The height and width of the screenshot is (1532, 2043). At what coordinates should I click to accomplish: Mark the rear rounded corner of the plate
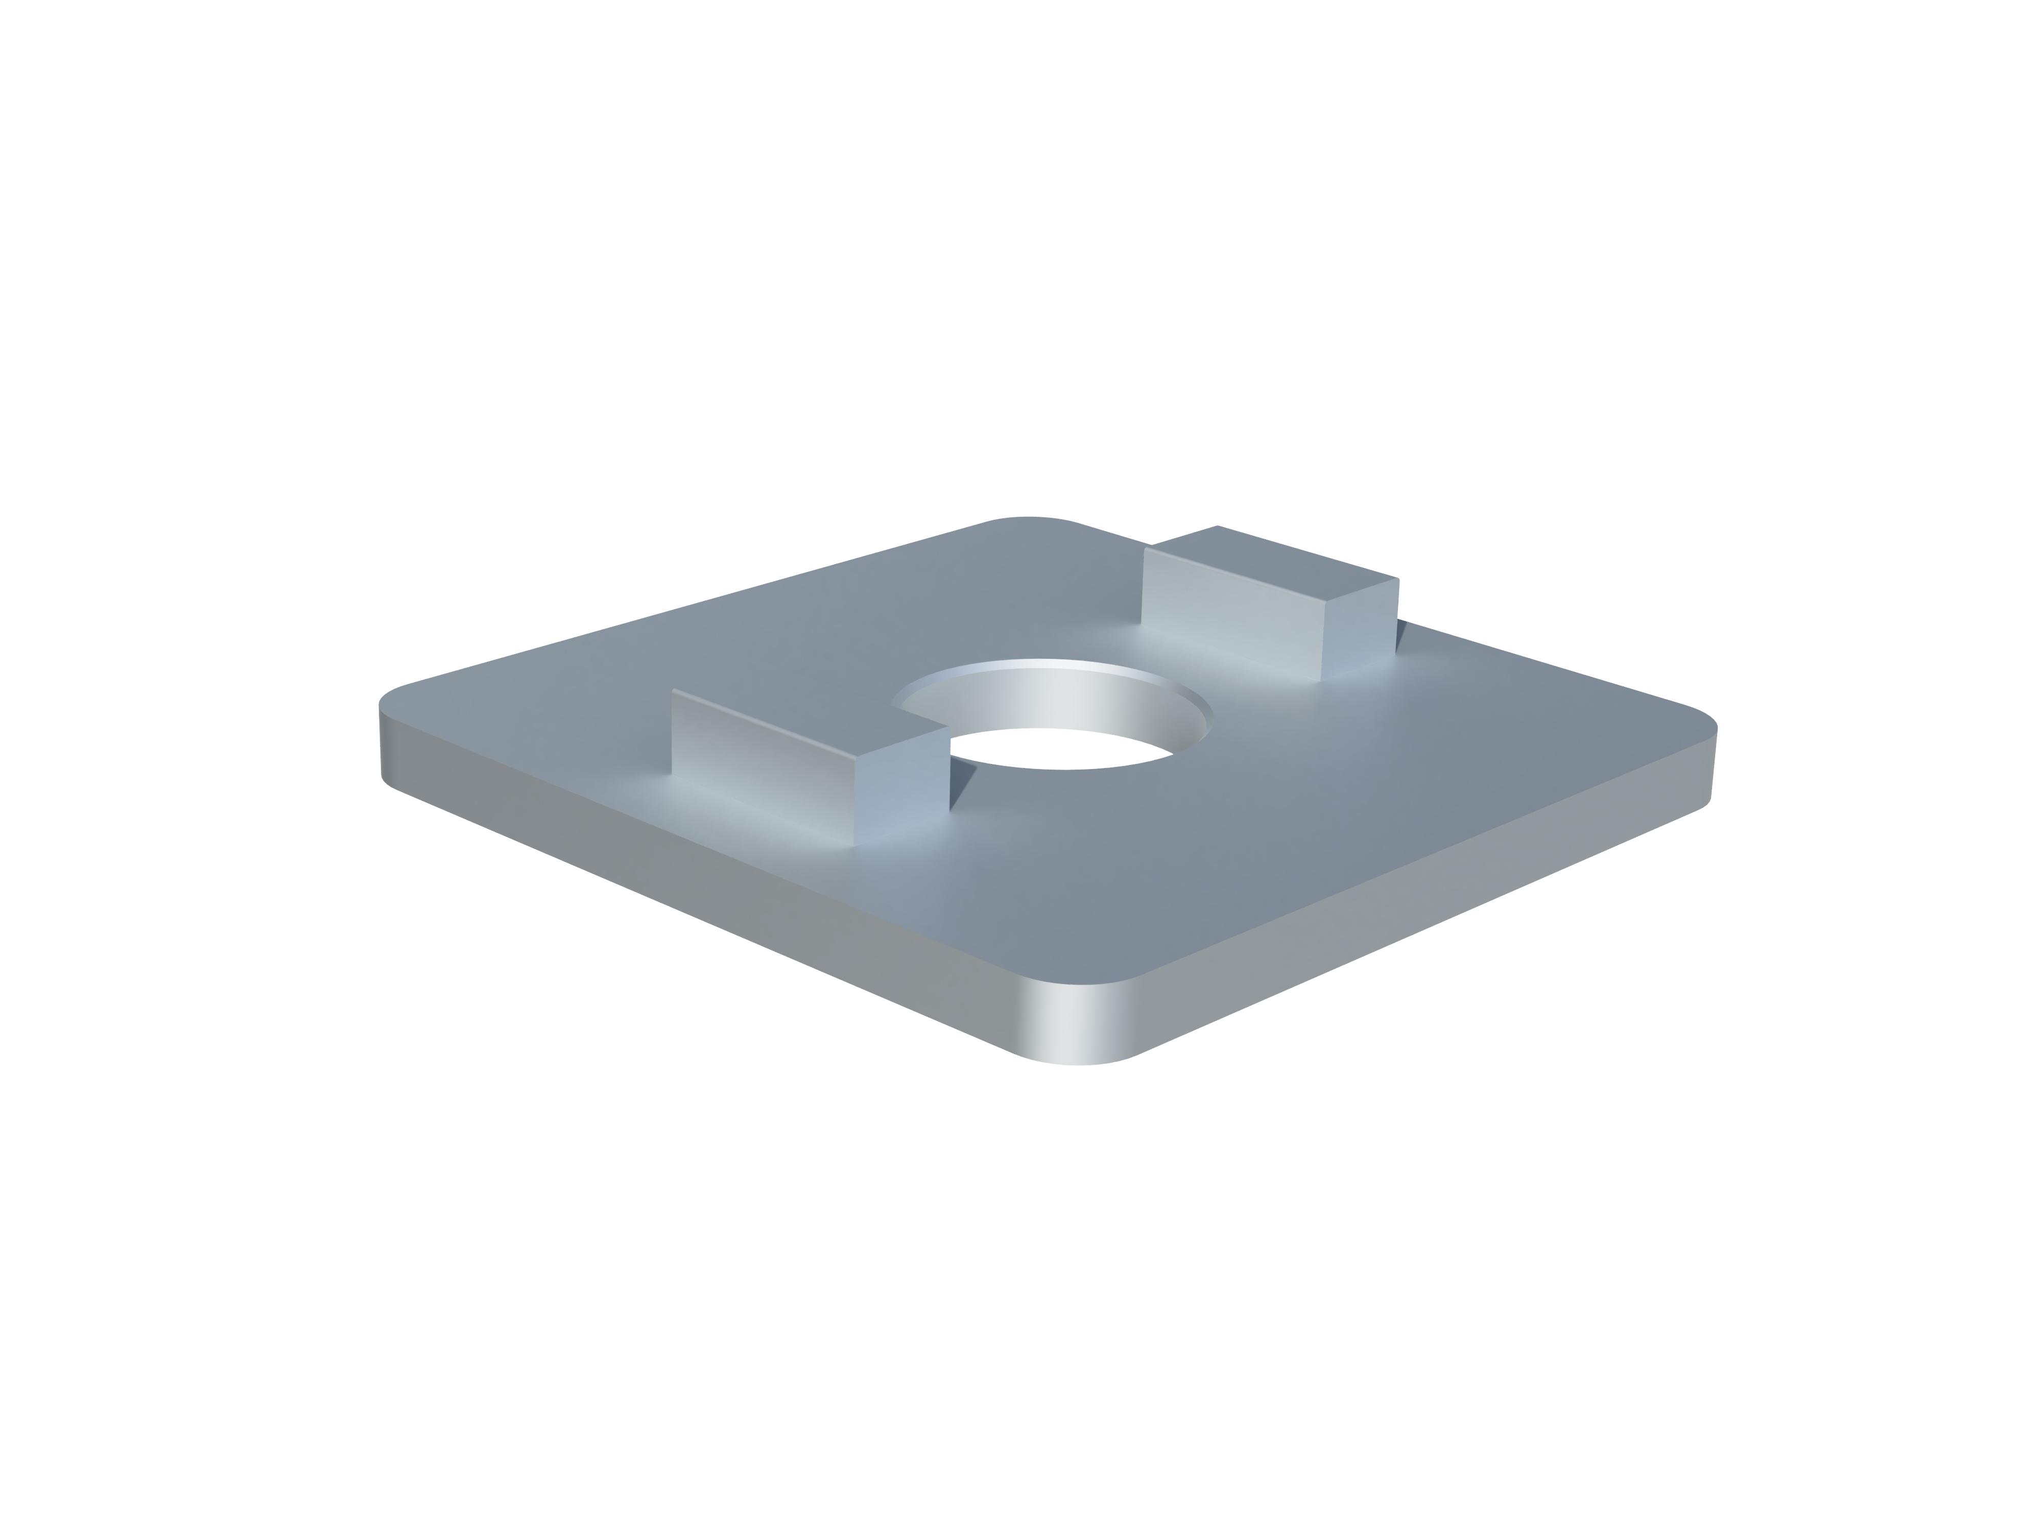click(1030, 519)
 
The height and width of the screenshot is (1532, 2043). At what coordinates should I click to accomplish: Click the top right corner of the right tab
click(1397, 580)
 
